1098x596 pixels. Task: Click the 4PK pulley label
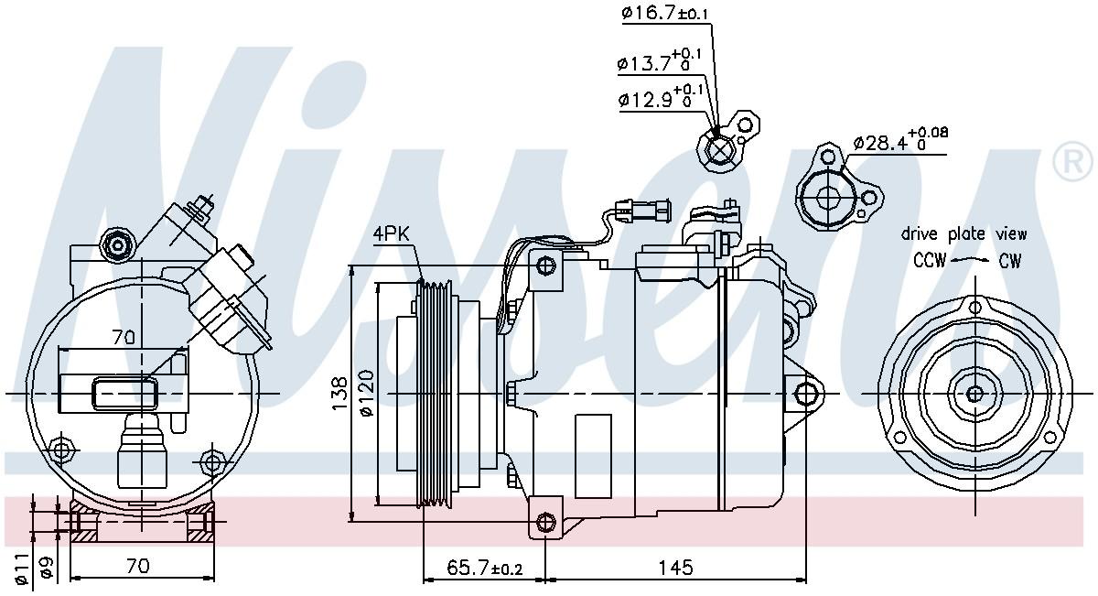point(392,233)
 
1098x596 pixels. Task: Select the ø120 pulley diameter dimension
point(367,395)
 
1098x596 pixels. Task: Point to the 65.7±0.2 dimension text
point(483,569)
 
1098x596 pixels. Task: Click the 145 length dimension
point(675,569)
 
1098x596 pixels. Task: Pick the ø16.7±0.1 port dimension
point(664,13)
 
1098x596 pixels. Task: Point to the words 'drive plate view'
point(963,234)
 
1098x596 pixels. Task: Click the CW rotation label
point(1009,261)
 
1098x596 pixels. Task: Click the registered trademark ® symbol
point(1072,162)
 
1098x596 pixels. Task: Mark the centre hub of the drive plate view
point(974,395)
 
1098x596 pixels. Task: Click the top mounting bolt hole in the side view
point(546,266)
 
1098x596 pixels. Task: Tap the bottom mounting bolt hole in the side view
point(546,523)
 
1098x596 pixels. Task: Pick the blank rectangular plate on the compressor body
point(592,443)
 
